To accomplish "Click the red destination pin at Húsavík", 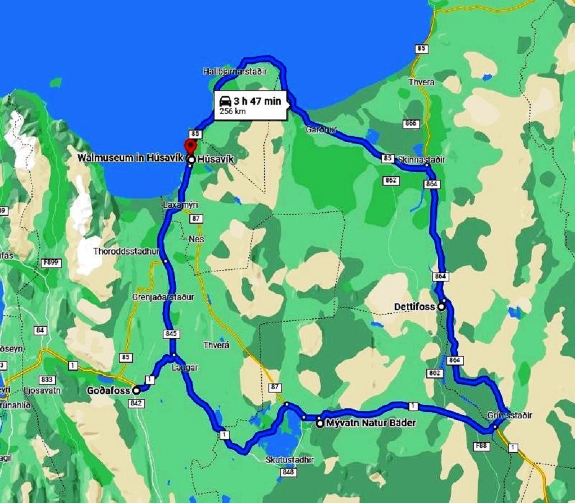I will pos(190,146).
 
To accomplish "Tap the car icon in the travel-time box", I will pos(225,101).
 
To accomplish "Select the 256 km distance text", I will pos(232,111).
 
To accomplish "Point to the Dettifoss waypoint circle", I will pos(441,306).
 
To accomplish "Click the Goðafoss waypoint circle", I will pos(136,390).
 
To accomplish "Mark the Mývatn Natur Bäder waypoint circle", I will pos(320,423).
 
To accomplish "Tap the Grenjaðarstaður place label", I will pos(163,297).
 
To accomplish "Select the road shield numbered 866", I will pos(411,123).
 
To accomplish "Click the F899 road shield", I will pos(54,262).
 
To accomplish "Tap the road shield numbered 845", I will pos(172,334).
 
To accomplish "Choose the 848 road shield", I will pos(287,473).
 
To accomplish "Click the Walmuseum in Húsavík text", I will pos(130,159).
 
